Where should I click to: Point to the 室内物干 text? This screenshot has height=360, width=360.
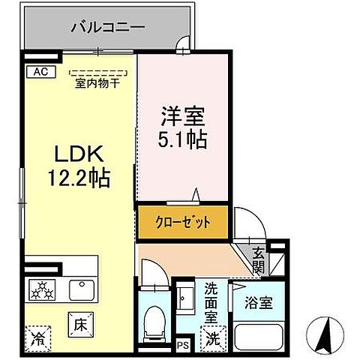pos(98,83)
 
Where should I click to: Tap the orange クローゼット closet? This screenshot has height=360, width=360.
pos(182,223)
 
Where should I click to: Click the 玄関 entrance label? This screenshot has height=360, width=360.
pos(258,260)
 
